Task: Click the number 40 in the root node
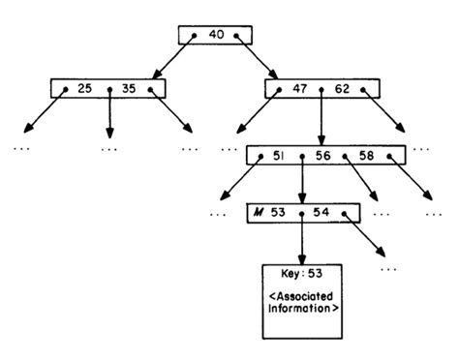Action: (216, 35)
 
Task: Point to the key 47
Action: (299, 89)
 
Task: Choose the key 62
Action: (344, 89)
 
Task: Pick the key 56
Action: (324, 156)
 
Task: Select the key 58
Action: (367, 156)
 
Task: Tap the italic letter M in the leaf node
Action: (258, 212)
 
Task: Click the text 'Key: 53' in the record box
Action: (301, 274)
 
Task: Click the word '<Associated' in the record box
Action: (301, 298)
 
